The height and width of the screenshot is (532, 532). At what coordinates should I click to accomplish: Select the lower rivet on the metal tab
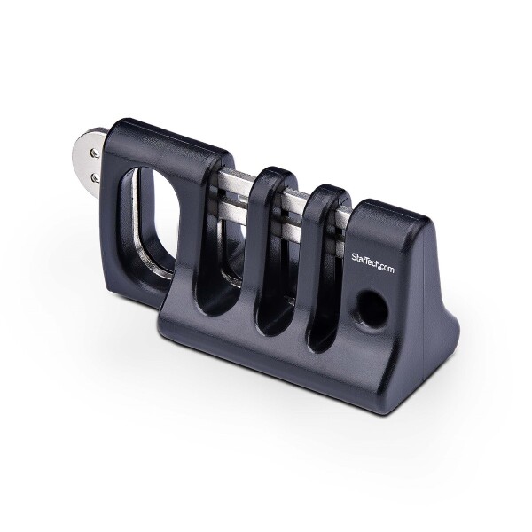95,176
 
